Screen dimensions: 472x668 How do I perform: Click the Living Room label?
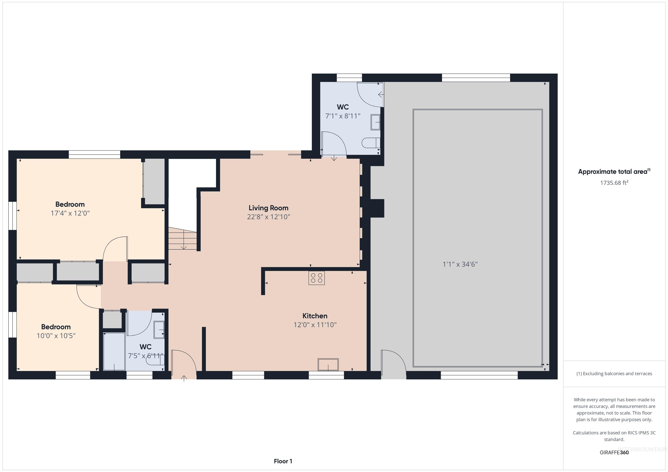tap(268, 208)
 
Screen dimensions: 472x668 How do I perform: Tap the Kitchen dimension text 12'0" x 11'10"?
tap(315, 325)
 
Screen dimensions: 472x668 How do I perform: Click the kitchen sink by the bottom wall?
tap(328, 364)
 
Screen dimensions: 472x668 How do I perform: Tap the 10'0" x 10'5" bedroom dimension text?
tap(56, 336)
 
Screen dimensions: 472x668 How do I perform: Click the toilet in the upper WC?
tap(371, 143)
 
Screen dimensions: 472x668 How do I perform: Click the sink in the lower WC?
tap(159, 330)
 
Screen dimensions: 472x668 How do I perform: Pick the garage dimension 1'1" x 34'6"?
tap(460, 264)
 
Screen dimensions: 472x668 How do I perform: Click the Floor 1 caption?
tap(283, 461)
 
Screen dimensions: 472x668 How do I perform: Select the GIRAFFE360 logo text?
tap(614, 452)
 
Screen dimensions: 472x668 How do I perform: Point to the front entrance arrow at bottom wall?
tap(184, 378)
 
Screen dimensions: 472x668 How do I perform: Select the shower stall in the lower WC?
tap(114, 351)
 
